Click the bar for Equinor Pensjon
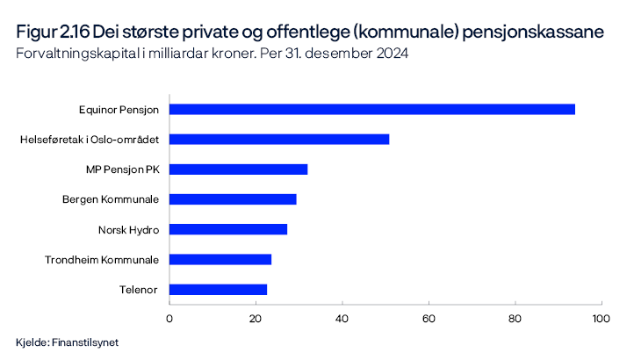tap(371, 109)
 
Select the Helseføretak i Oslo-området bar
tap(278, 139)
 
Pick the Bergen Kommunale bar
tap(233, 199)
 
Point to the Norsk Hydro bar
tap(227, 229)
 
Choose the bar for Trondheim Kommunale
tap(220, 259)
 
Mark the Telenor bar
tap(218, 289)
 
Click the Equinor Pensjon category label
tap(118, 110)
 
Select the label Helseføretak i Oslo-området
tap(89, 140)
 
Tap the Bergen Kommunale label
tap(111, 199)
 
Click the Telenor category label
tap(139, 289)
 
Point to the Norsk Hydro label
tap(128, 229)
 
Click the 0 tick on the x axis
tap(169, 317)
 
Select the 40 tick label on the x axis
tap(342, 317)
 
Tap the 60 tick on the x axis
tap(429, 317)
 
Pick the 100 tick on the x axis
tap(601, 317)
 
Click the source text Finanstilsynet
tap(85, 342)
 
